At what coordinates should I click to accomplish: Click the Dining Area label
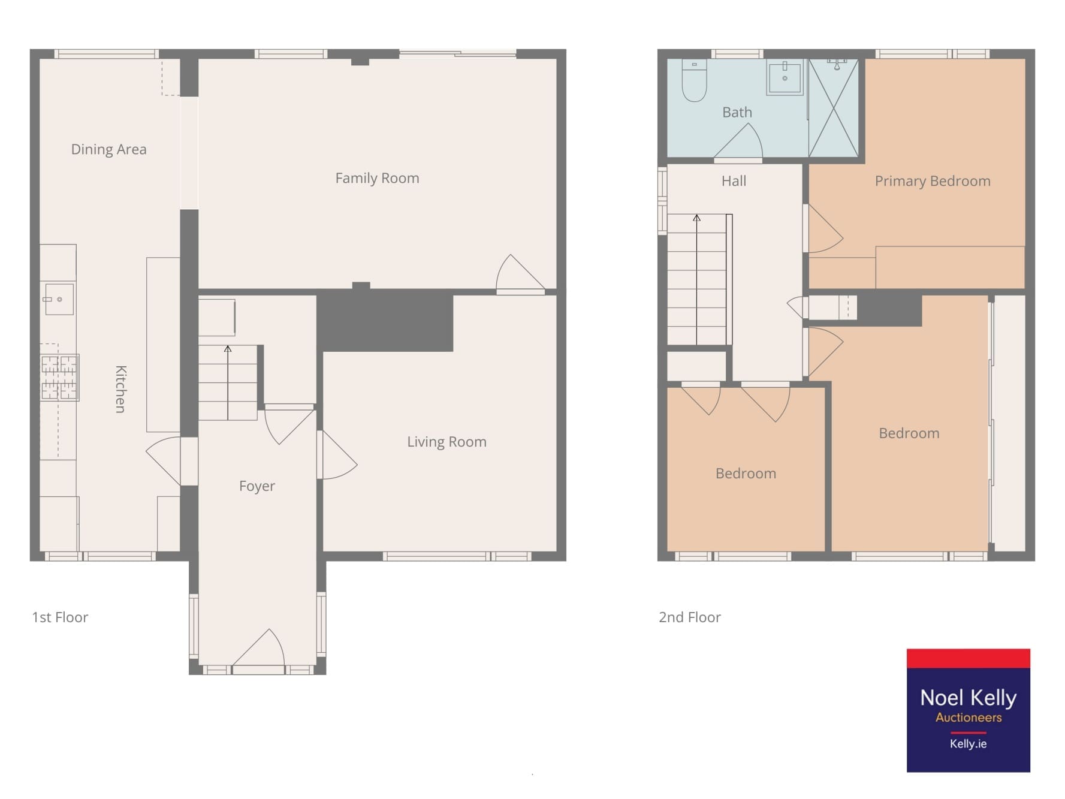click(108, 149)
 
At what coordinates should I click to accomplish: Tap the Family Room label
click(377, 178)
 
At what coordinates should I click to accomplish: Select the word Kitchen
click(120, 389)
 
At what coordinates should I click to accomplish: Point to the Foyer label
click(257, 486)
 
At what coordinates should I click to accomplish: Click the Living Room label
click(446, 442)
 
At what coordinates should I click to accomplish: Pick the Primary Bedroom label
click(933, 181)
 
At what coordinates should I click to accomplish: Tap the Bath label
click(737, 112)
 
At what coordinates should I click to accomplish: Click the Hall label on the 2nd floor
click(734, 181)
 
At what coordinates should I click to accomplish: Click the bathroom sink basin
click(785, 77)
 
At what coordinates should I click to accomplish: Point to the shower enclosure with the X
click(833, 108)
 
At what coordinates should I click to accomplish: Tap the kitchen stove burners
click(59, 378)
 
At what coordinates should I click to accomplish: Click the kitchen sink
click(58, 299)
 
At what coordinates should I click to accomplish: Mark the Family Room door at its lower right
click(520, 275)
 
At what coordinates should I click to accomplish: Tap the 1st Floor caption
click(60, 617)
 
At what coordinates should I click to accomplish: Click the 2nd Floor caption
click(690, 617)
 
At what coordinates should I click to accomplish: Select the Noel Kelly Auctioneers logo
click(969, 710)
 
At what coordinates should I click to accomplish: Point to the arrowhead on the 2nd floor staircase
click(696, 218)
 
